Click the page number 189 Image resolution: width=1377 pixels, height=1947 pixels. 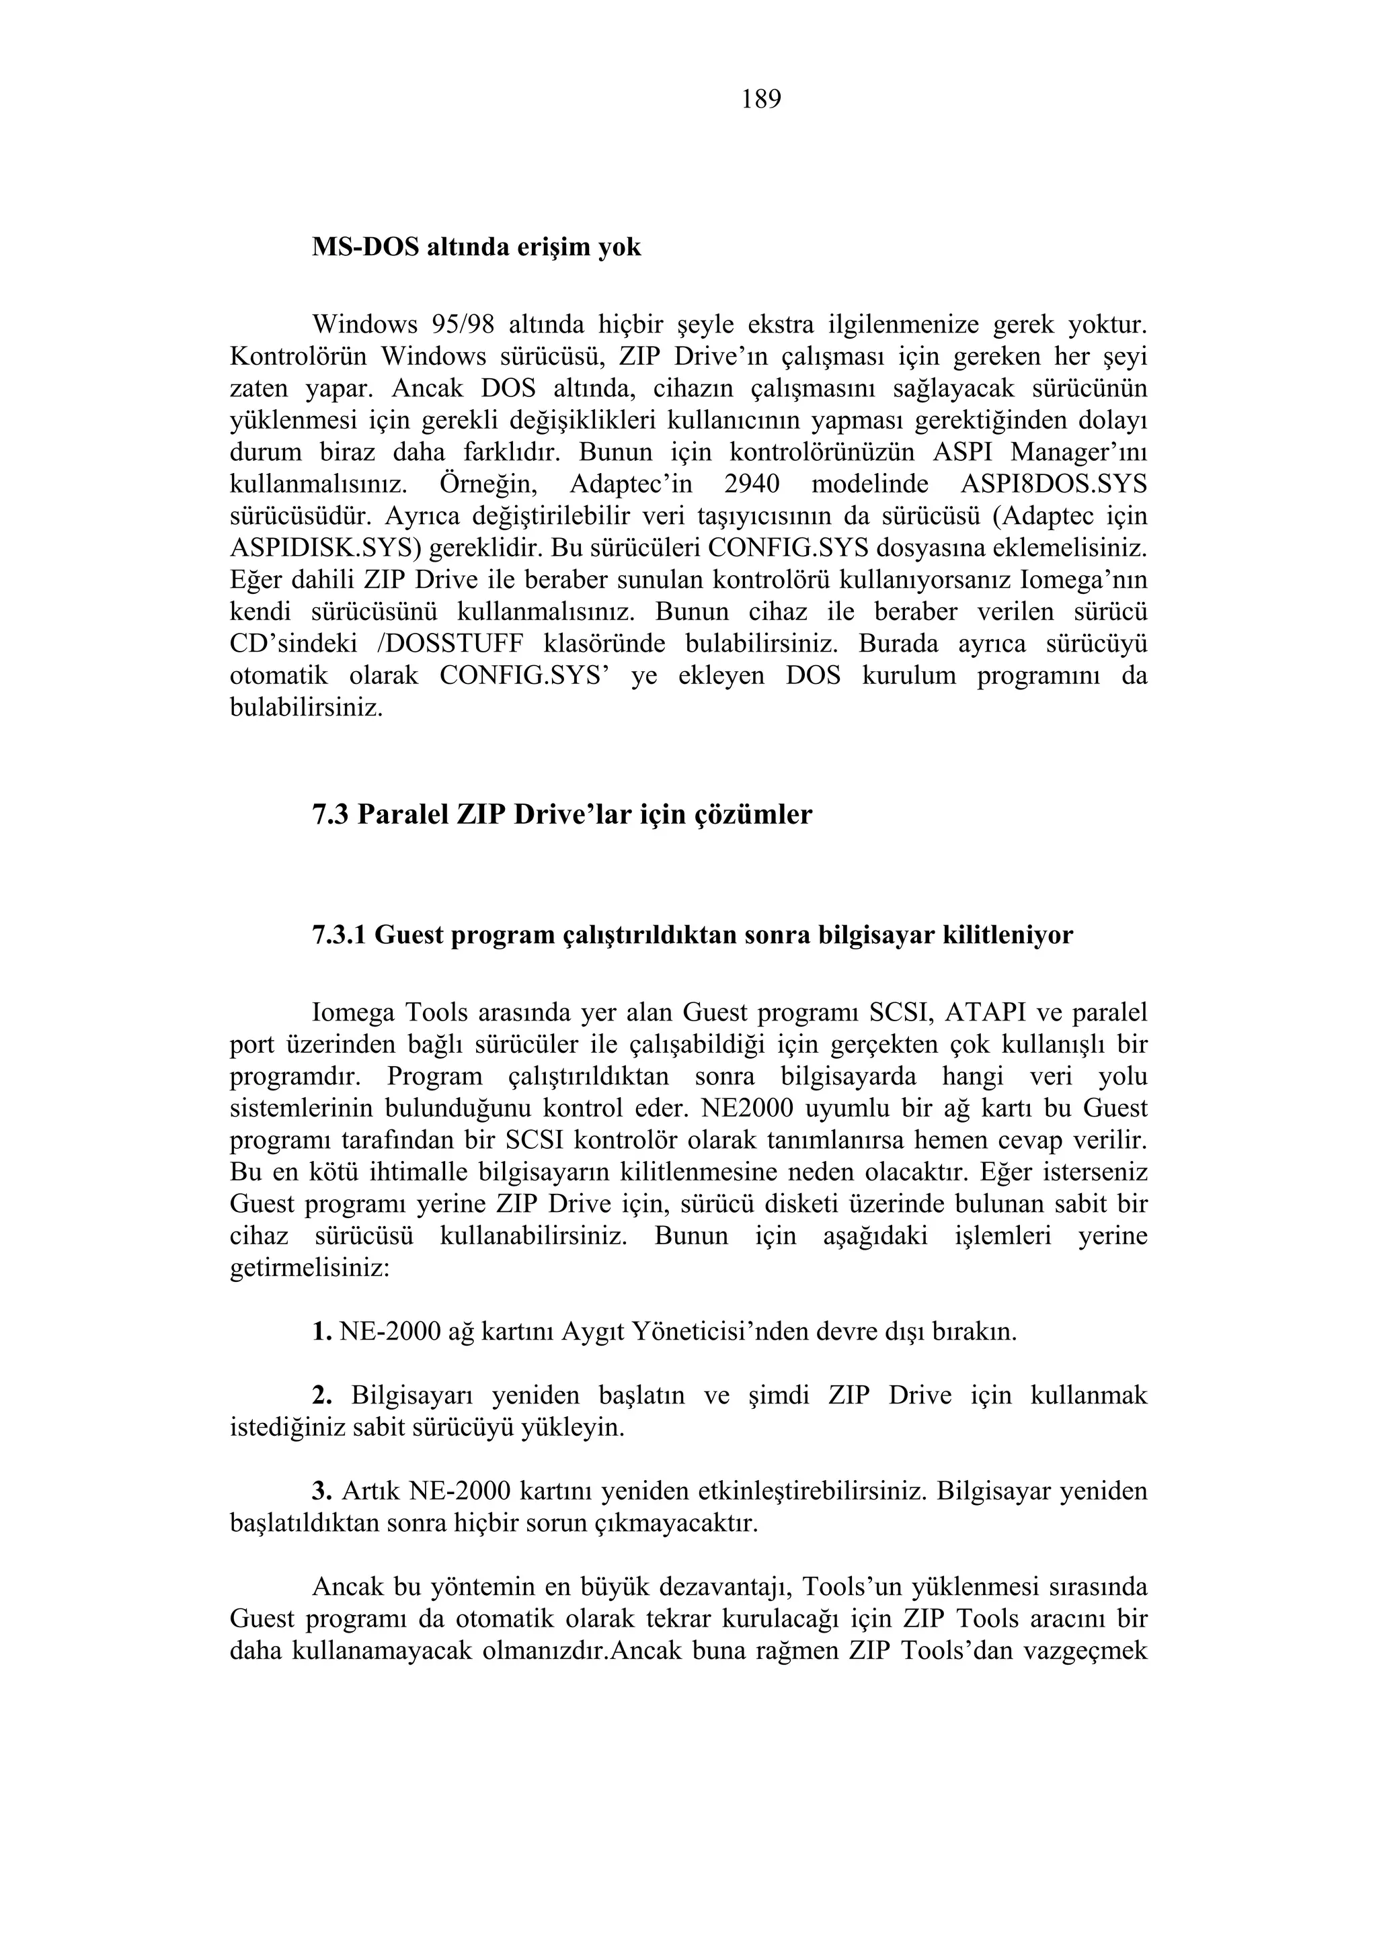(761, 100)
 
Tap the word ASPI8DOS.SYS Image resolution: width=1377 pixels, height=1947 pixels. (1053, 484)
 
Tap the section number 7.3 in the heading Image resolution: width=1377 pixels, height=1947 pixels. (331, 814)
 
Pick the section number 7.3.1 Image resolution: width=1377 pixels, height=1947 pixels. (340, 935)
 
